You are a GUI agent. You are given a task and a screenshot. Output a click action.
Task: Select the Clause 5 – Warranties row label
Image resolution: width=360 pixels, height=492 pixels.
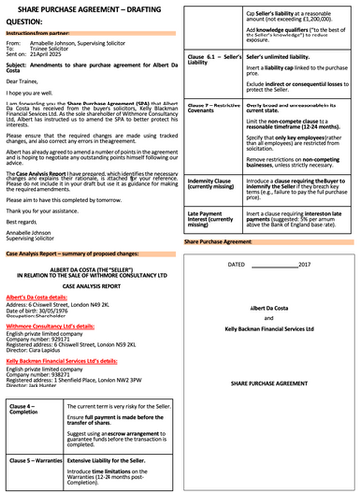coord(35,460)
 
